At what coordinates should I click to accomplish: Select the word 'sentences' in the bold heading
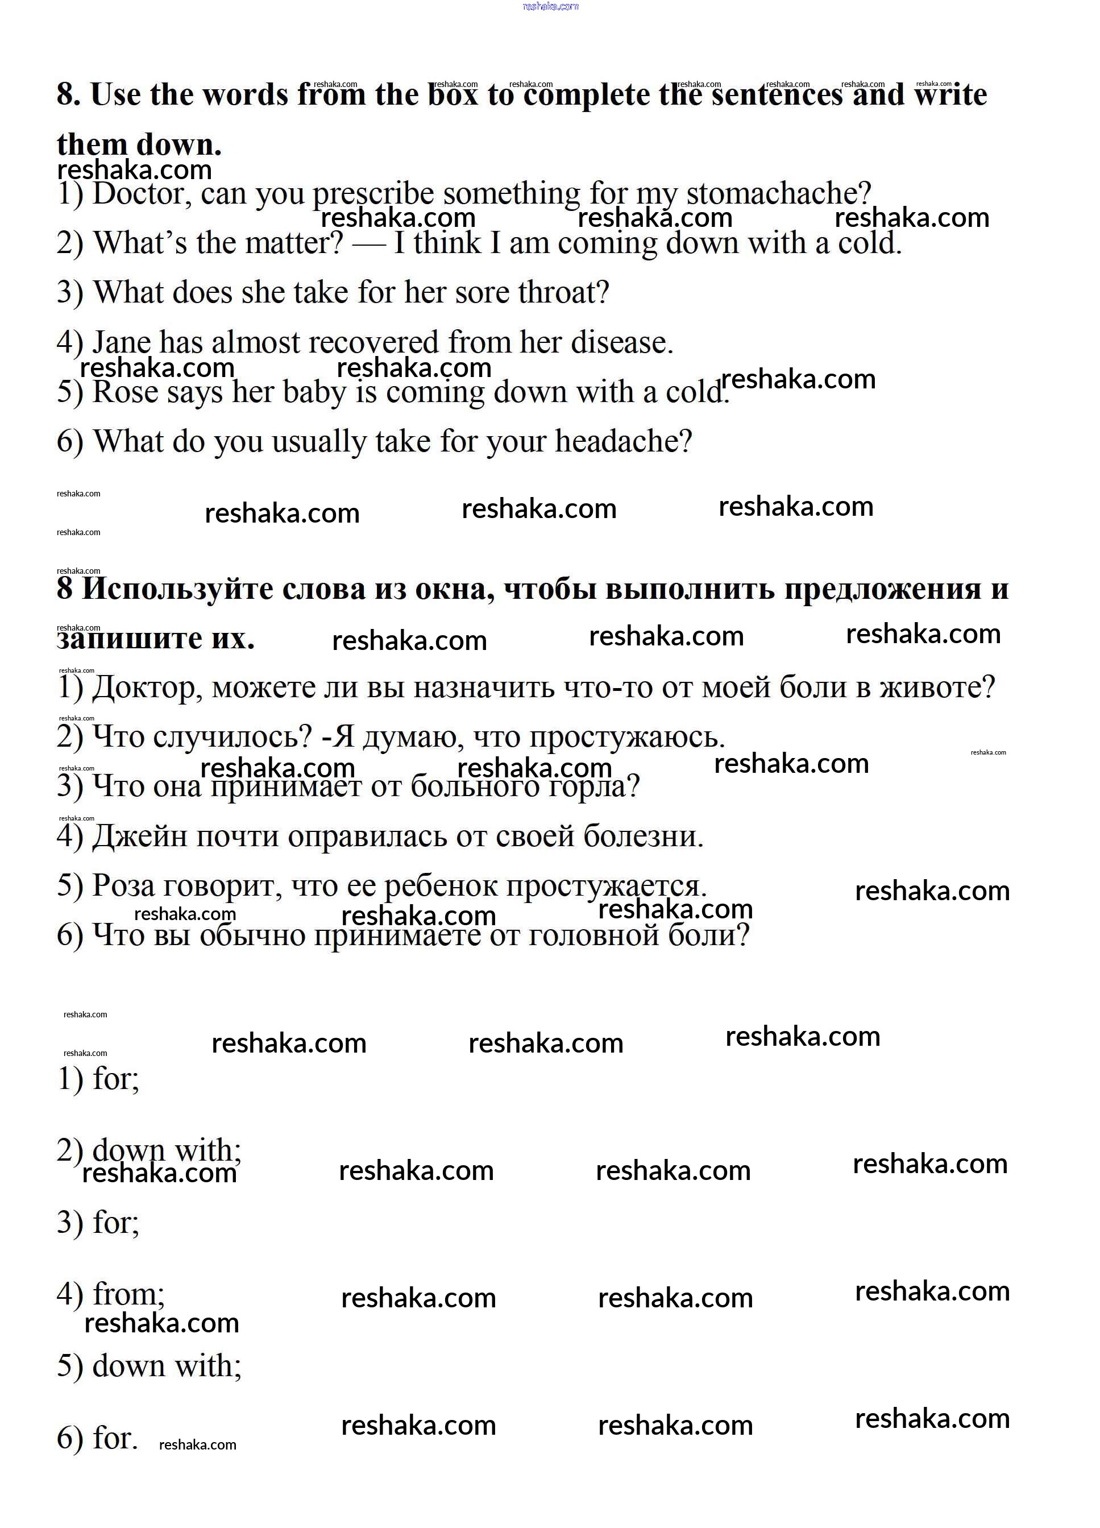pyautogui.click(x=776, y=94)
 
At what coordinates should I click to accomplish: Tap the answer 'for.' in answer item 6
pyautogui.click(x=114, y=1438)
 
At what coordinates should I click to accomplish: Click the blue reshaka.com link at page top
pyautogui.click(x=550, y=6)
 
